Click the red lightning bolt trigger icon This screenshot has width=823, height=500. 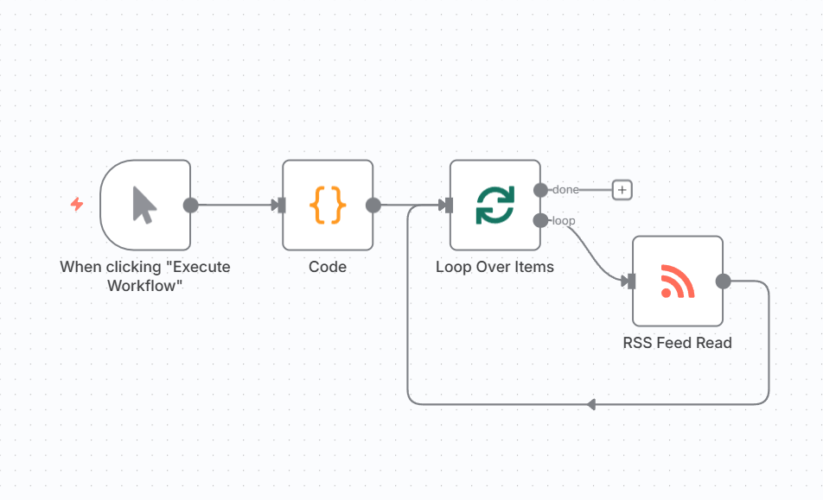pyautogui.click(x=77, y=205)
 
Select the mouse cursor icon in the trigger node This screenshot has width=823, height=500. pyautogui.click(x=145, y=206)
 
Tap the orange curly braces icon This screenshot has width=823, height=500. pyautogui.click(x=328, y=206)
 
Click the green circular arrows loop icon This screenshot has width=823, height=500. pyautogui.click(x=494, y=206)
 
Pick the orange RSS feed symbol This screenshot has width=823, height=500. pyautogui.click(x=678, y=282)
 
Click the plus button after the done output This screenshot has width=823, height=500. pyautogui.click(x=622, y=190)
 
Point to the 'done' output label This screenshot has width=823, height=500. pyautogui.click(x=566, y=190)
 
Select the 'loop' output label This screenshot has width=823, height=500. pyautogui.click(x=564, y=221)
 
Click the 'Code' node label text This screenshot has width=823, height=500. pyautogui.click(x=328, y=267)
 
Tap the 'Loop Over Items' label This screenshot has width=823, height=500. pyautogui.click(x=494, y=267)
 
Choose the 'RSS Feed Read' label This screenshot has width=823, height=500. pyautogui.click(x=678, y=343)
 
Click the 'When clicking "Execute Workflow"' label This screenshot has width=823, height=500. pyautogui.click(x=145, y=275)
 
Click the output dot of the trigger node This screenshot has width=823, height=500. pyautogui.click(x=191, y=206)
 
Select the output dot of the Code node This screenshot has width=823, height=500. pyautogui.click(x=373, y=206)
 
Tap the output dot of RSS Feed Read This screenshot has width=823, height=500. pyautogui.click(x=724, y=282)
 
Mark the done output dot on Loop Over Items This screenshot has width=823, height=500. pyautogui.click(x=540, y=190)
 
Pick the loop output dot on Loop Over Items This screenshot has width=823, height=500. pyautogui.click(x=540, y=221)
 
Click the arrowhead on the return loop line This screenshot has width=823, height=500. pyautogui.click(x=590, y=404)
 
